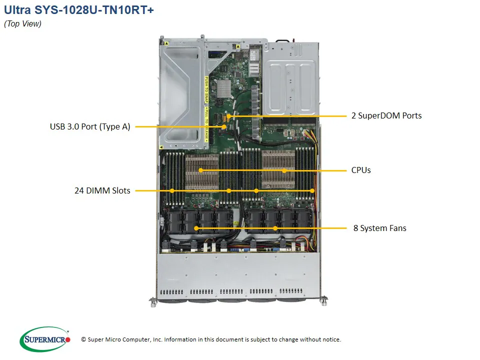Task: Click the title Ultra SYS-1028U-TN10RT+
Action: coord(78,10)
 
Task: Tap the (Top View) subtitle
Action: coord(22,24)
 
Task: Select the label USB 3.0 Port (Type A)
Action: coord(90,127)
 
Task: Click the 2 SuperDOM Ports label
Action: coord(386,115)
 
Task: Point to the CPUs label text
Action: coord(361,170)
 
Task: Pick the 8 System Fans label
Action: coord(380,228)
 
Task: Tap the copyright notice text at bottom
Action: coord(210,339)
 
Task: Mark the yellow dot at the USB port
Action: coord(224,127)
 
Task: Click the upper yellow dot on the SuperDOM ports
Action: coord(229,116)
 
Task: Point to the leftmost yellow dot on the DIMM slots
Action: coord(172,190)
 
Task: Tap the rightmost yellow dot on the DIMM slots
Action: coord(311,190)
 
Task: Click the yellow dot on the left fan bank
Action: coord(196,228)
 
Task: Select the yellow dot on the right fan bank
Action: coord(275,228)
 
